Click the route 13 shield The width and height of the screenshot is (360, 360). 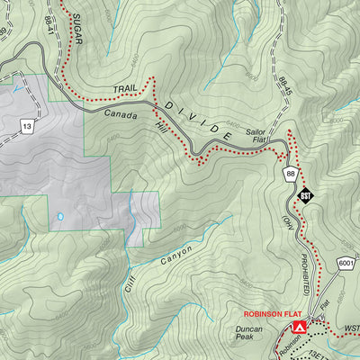(x=28, y=127)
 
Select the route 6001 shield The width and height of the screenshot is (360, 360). (x=346, y=261)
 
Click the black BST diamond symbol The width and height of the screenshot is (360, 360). (x=306, y=193)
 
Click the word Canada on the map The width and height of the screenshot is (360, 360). (x=121, y=114)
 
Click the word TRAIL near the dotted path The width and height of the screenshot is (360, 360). (x=126, y=90)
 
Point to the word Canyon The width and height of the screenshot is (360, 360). (x=177, y=256)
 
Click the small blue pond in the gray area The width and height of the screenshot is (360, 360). (x=59, y=217)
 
